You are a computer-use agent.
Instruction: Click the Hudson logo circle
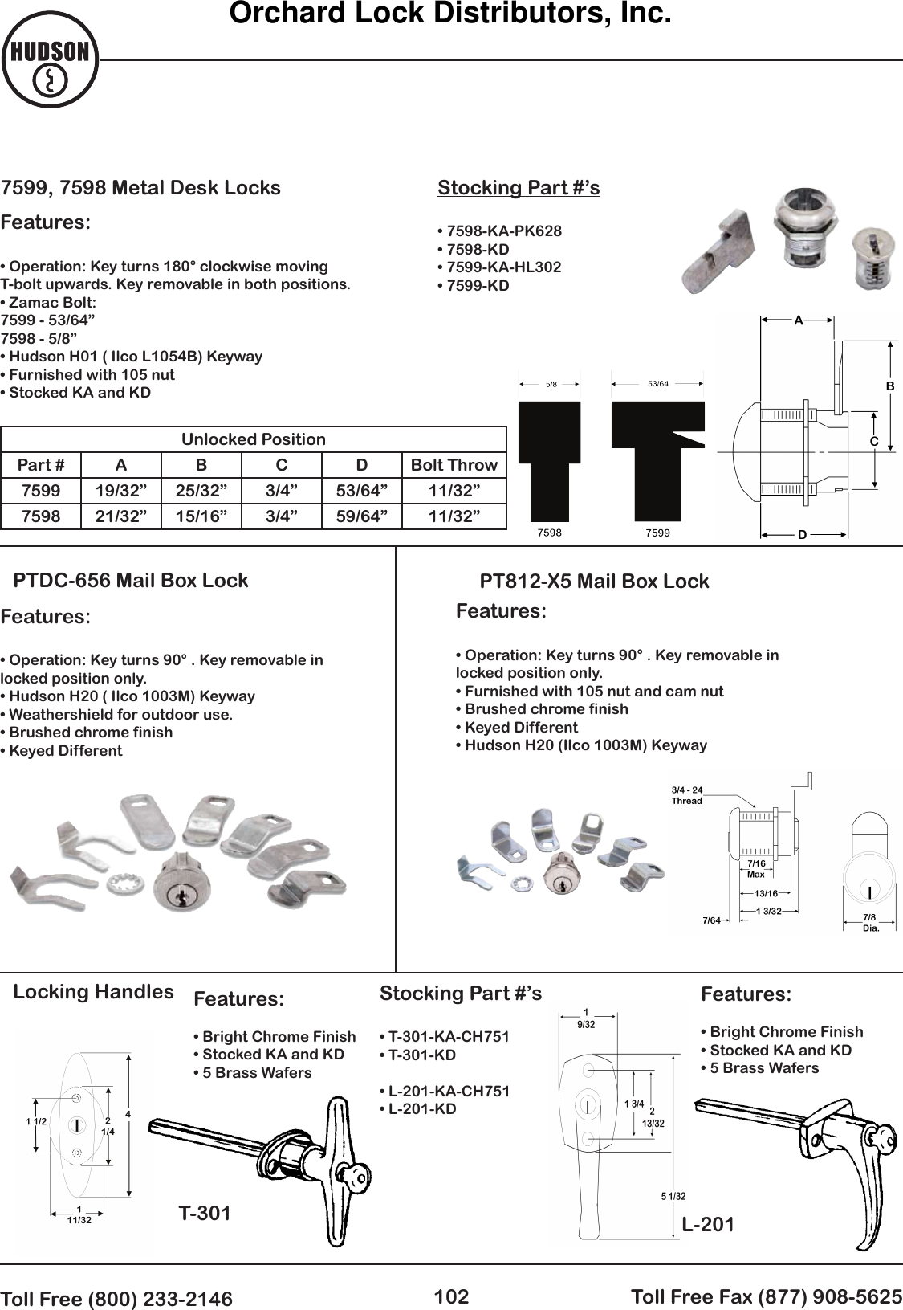click(x=50, y=60)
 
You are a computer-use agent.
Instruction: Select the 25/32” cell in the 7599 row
click(x=201, y=491)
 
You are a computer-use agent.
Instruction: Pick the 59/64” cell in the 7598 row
click(x=361, y=516)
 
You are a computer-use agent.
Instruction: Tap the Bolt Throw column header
click(x=454, y=465)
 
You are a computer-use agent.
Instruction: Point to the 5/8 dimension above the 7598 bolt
click(x=551, y=384)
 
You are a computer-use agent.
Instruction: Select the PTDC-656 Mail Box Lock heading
click(x=131, y=581)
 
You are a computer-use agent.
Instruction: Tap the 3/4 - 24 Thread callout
click(x=686, y=796)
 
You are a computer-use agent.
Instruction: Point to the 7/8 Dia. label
click(x=870, y=922)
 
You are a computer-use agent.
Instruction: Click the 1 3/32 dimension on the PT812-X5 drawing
click(x=768, y=911)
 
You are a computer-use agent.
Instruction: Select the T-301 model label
click(x=205, y=1214)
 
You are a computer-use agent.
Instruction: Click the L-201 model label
click(x=708, y=1224)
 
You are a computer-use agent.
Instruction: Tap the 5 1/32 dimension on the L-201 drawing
click(x=673, y=1197)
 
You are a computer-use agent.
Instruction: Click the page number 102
click(x=451, y=1296)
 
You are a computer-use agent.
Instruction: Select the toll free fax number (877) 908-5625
click(x=767, y=1296)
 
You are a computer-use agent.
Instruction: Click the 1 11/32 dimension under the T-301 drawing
click(x=79, y=1214)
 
